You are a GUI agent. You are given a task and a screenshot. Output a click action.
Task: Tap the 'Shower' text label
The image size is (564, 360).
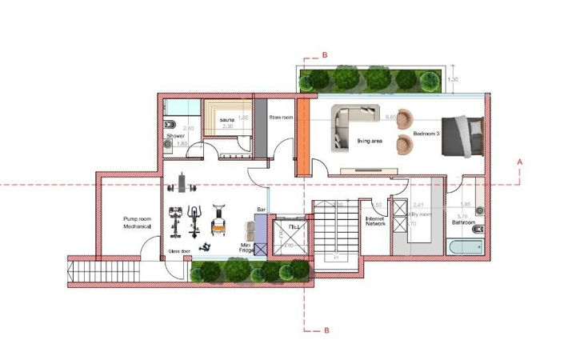coord(176,137)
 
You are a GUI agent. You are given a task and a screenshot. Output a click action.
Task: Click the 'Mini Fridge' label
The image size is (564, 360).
coord(247,247)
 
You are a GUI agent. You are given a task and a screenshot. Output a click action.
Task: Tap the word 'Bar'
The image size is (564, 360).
coord(261,210)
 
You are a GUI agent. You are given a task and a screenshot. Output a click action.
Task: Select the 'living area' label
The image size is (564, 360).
coord(370,142)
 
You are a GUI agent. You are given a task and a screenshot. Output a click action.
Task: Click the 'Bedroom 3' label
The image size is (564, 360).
coord(427,134)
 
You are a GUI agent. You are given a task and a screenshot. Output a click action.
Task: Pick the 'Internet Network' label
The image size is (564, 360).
coord(376,221)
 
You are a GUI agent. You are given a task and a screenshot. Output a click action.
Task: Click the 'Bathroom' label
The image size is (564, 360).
coord(463,223)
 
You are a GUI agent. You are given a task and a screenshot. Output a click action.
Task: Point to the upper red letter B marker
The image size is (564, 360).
coord(324,54)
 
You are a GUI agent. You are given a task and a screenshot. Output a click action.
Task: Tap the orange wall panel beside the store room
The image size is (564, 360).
coord(303,136)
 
